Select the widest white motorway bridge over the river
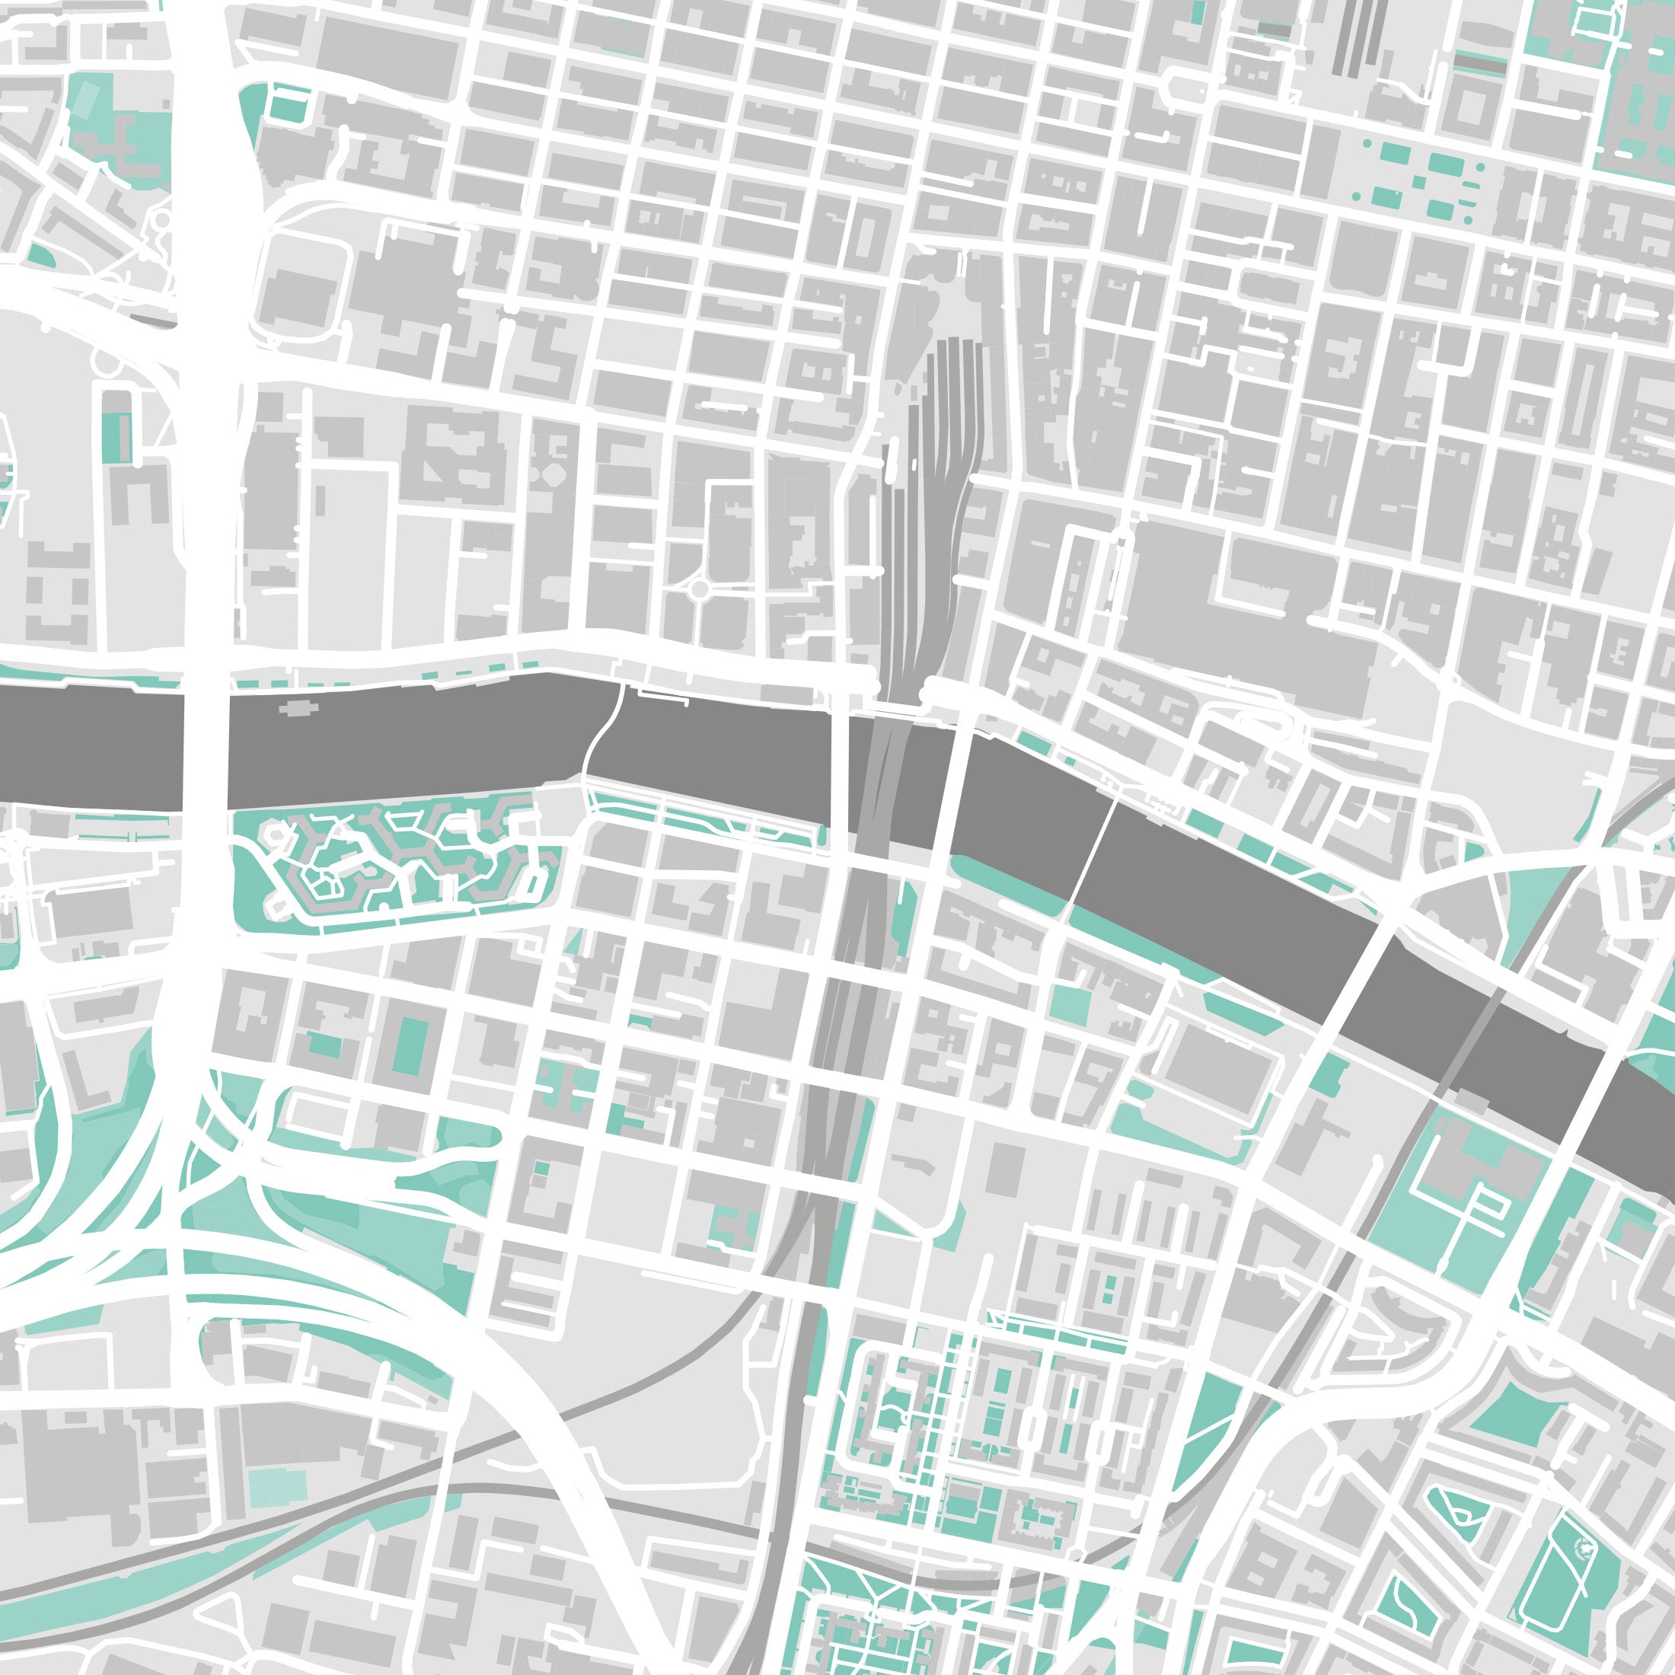click(206, 737)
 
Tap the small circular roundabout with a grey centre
click(699, 590)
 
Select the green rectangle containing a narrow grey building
click(117, 437)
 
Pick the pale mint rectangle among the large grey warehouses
click(277, 1488)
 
